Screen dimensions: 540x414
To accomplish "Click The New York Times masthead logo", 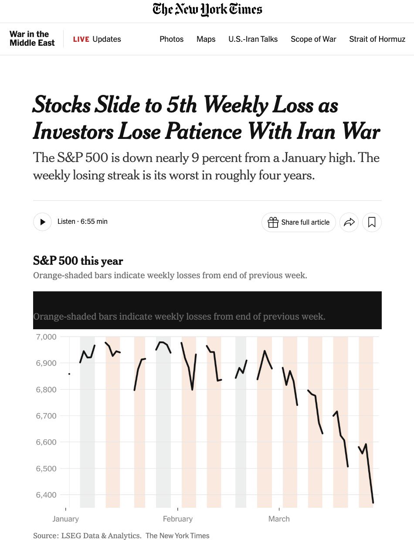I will click(x=207, y=10).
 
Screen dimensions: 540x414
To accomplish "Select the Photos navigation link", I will click(x=172, y=39).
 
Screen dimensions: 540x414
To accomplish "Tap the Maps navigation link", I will click(x=206, y=39).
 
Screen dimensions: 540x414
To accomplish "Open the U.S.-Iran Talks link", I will click(x=253, y=39).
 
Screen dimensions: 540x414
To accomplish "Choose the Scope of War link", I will click(x=313, y=39).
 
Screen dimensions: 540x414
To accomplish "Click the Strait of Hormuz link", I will click(x=377, y=39).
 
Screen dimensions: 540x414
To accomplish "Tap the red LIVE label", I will click(x=81, y=39).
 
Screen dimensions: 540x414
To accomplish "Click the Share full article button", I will click(x=299, y=222).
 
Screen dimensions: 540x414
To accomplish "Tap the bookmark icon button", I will click(x=372, y=222).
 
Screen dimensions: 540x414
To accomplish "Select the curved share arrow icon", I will click(x=349, y=222).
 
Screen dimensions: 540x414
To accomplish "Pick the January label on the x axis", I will click(x=65, y=519).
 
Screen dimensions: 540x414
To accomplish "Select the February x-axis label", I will click(x=177, y=519).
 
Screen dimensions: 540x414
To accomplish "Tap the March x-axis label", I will click(x=279, y=519).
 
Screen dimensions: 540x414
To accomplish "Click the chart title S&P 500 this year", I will click(x=78, y=261).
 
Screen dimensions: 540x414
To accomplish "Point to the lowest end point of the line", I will click(x=373, y=503).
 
